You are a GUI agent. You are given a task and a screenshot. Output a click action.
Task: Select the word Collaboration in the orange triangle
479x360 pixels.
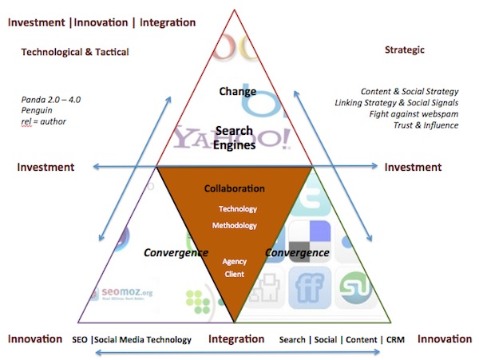coord(234,188)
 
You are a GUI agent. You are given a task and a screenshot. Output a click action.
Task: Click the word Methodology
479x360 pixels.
coord(234,225)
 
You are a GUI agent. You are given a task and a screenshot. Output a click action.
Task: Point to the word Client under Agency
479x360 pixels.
coord(234,275)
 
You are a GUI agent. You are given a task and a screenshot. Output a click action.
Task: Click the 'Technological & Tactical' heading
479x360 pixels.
coord(74,52)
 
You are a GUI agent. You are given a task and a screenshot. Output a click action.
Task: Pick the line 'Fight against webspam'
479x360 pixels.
coord(410,113)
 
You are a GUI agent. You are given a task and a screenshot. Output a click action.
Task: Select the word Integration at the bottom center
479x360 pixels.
coord(236,339)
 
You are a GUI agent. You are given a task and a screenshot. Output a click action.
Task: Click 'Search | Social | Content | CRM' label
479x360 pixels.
coord(342,340)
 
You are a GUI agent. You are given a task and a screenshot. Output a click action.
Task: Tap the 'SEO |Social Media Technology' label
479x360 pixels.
coord(131,340)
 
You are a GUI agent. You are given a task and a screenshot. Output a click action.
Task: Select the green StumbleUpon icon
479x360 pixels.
coord(353,287)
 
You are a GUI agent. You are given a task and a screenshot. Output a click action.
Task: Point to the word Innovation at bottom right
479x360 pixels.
coord(445,339)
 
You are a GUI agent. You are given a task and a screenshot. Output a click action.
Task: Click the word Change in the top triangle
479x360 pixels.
coord(238,91)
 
